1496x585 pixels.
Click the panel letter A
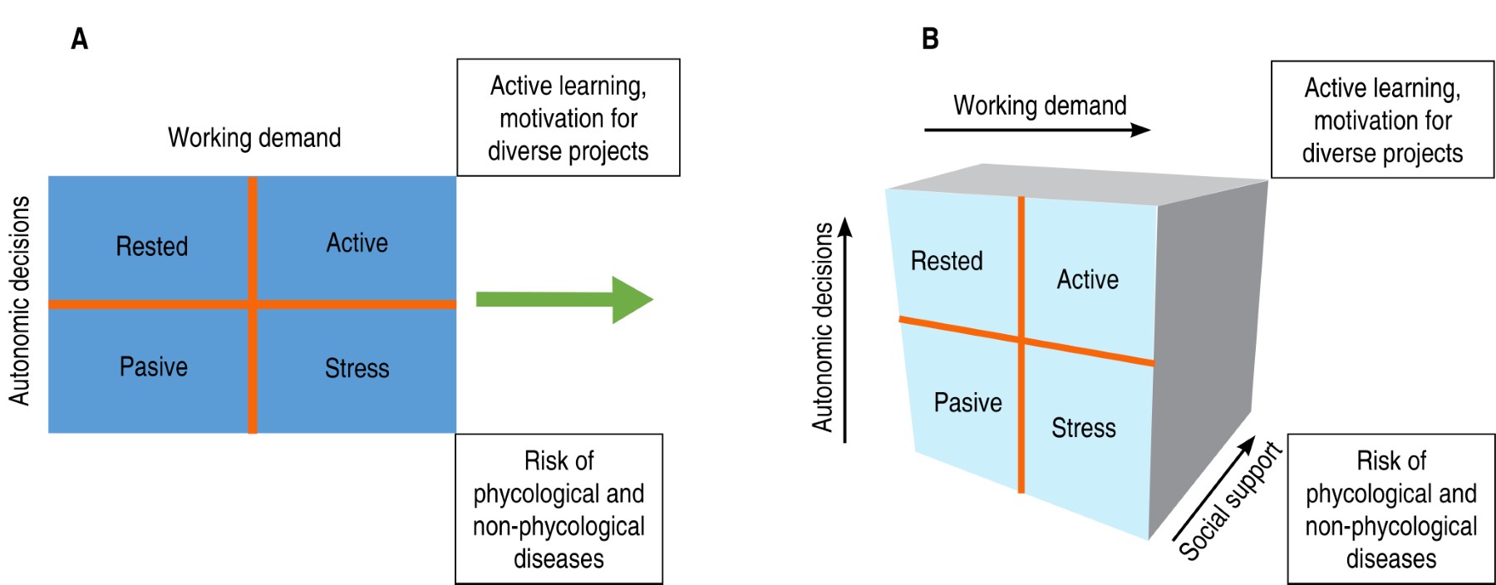pyautogui.click(x=79, y=38)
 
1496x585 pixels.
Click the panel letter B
pyautogui.click(x=930, y=38)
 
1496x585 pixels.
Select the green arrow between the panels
pyautogui.click(x=564, y=299)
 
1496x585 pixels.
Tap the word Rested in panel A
pyautogui.click(x=151, y=246)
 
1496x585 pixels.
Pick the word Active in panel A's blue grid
pyautogui.click(x=357, y=243)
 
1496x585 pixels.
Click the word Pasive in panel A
pyautogui.click(x=153, y=366)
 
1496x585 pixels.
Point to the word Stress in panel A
pyautogui.click(x=357, y=368)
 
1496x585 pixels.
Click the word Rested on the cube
pyautogui.click(x=947, y=261)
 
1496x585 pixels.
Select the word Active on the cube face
pyautogui.click(x=1087, y=279)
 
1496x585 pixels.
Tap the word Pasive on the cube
pyautogui.click(x=967, y=402)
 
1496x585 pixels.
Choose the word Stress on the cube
pyautogui.click(x=1083, y=428)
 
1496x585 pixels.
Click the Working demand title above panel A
pyautogui.click(x=254, y=137)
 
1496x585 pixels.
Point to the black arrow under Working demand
pyautogui.click(x=1036, y=130)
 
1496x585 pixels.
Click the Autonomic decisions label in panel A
pyautogui.click(x=20, y=301)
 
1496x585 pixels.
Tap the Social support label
pyautogui.click(x=1230, y=501)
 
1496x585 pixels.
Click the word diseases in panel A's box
pyautogui.click(x=559, y=558)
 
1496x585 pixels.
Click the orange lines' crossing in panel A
pyautogui.click(x=252, y=304)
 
